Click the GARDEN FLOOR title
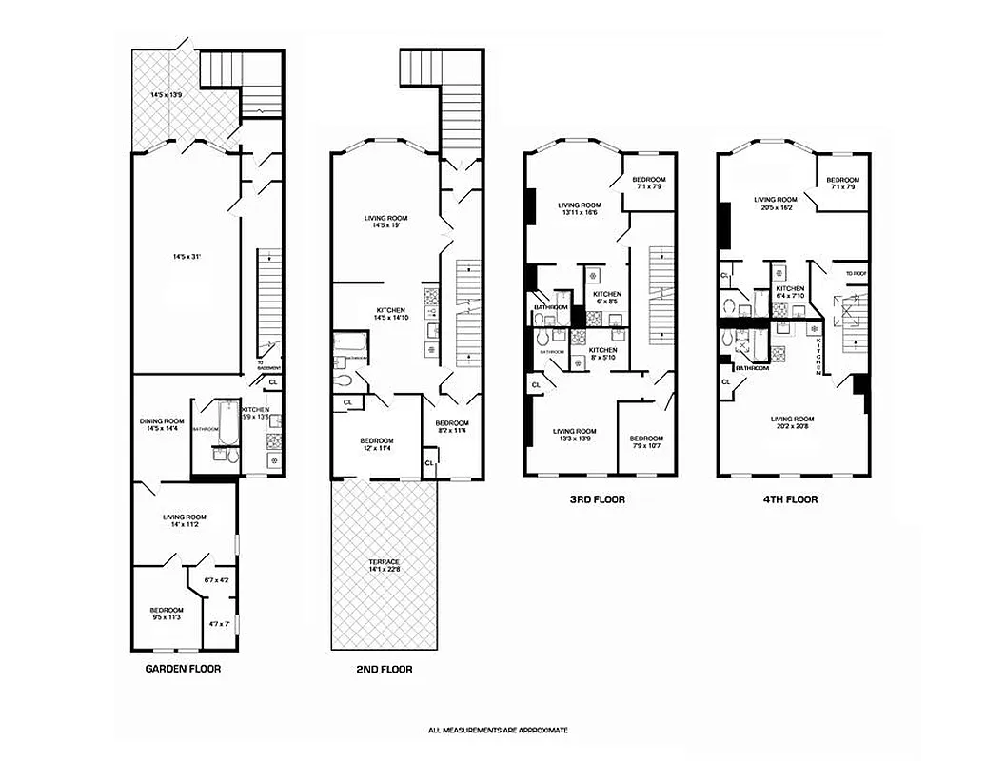pos(183,669)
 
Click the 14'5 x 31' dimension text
pos(186,256)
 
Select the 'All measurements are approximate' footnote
pos(498,730)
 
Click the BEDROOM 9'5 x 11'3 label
pos(166,614)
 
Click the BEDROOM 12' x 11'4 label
pos(377,445)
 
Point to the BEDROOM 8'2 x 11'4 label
pos(452,427)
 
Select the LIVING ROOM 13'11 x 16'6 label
pos(579,209)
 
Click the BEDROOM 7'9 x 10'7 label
pos(647,442)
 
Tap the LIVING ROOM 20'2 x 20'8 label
pos(792,423)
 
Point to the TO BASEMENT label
pos(269,365)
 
